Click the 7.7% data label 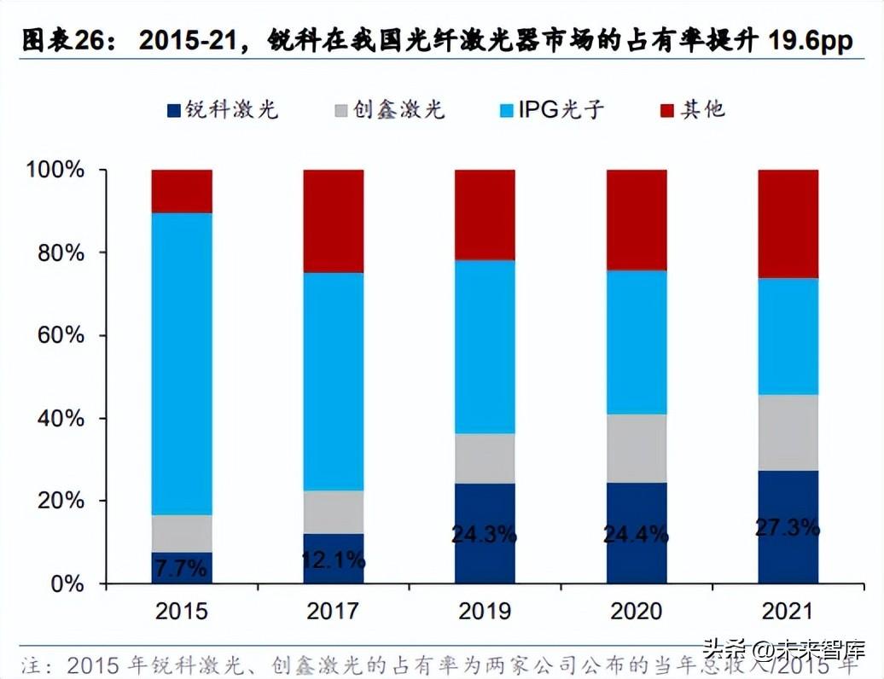tap(182, 566)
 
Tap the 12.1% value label tap(333, 560)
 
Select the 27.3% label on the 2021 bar tap(788, 526)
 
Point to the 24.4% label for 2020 tap(637, 535)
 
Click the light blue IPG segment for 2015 tap(182, 363)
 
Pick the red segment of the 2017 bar tap(333, 221)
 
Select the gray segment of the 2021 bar tap(788, 432)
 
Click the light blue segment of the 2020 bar tap(637, 342)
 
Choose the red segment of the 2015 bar tap(182, 191)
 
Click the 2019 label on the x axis tap(485, 612)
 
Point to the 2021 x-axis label tap(788, 612)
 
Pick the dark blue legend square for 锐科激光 tap(173, 110)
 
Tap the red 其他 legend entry tap(693, 110)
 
